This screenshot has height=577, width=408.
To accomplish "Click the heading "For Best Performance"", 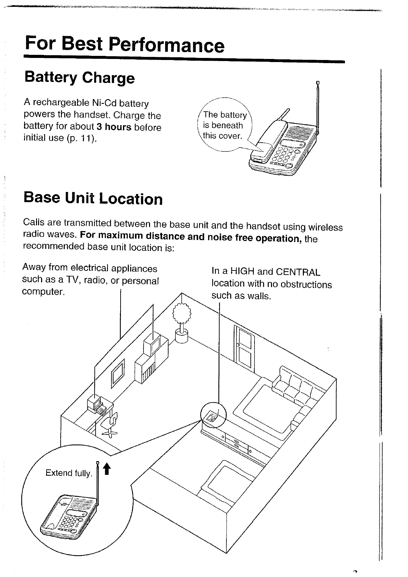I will point(125,45).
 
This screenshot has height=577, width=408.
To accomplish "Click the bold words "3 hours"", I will point(114,127).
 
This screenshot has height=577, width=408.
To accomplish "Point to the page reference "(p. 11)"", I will point(82,138).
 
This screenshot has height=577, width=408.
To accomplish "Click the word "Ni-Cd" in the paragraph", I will point(104,103).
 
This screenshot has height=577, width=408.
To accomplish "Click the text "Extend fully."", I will point(69,473).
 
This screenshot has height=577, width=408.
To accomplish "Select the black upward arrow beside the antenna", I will point(107,469).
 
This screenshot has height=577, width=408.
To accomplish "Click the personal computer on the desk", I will point(94,404).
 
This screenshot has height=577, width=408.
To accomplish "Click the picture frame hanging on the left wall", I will point(118,374).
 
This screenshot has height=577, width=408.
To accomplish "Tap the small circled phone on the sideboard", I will point(211,416).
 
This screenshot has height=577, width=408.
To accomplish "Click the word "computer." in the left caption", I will point(43,292).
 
